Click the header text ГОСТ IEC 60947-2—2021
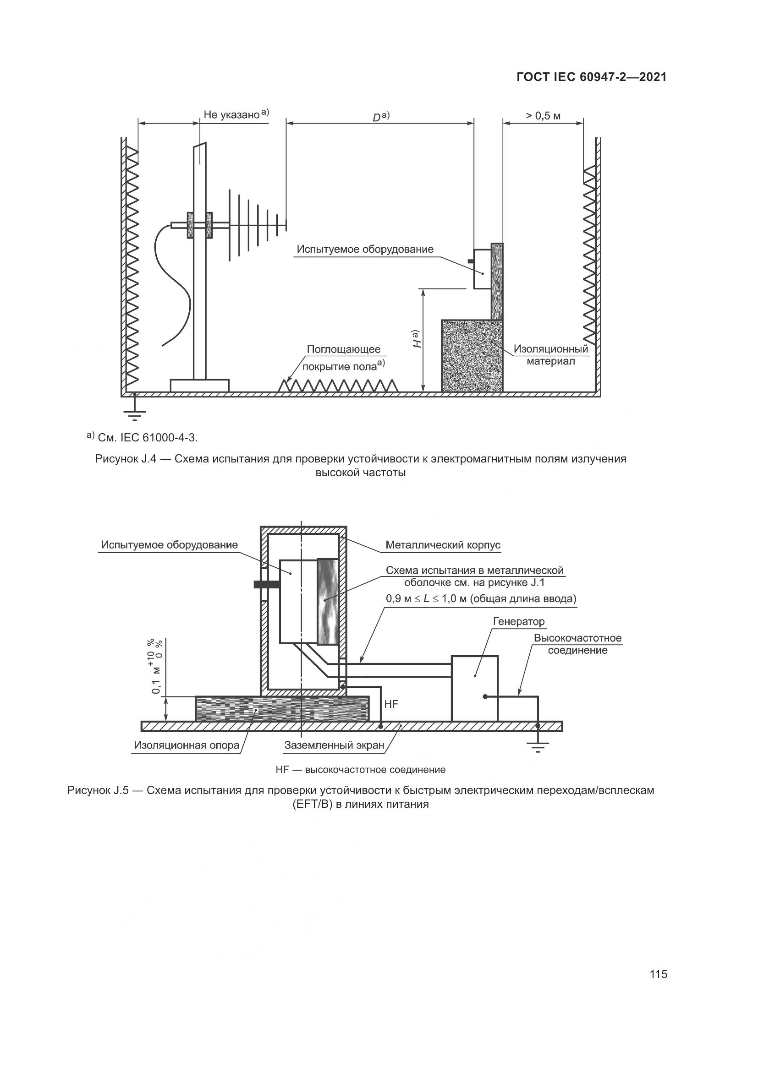click(591, 77)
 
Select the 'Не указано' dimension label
click(231, 115)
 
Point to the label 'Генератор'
click(519, 622)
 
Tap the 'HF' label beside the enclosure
click(391, 704)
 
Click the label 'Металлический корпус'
click(443, 545)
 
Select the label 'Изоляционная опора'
click(186, 745)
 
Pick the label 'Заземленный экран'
click(334, 745)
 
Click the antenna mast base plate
click(199, 386)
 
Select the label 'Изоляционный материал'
click(551, 355)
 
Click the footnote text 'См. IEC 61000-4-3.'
click(148, 438)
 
